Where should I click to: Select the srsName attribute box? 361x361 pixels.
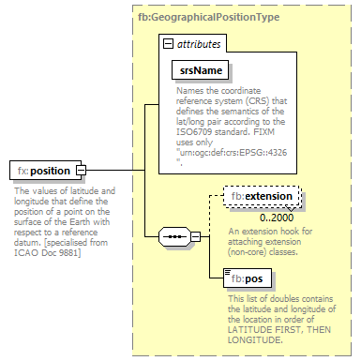(x=201, y=70)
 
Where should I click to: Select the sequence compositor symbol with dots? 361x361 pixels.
(x=176, y=236)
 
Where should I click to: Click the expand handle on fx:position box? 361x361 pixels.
(x=81, y=170)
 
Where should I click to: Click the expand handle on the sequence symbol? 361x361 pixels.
(x=198, y=236)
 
